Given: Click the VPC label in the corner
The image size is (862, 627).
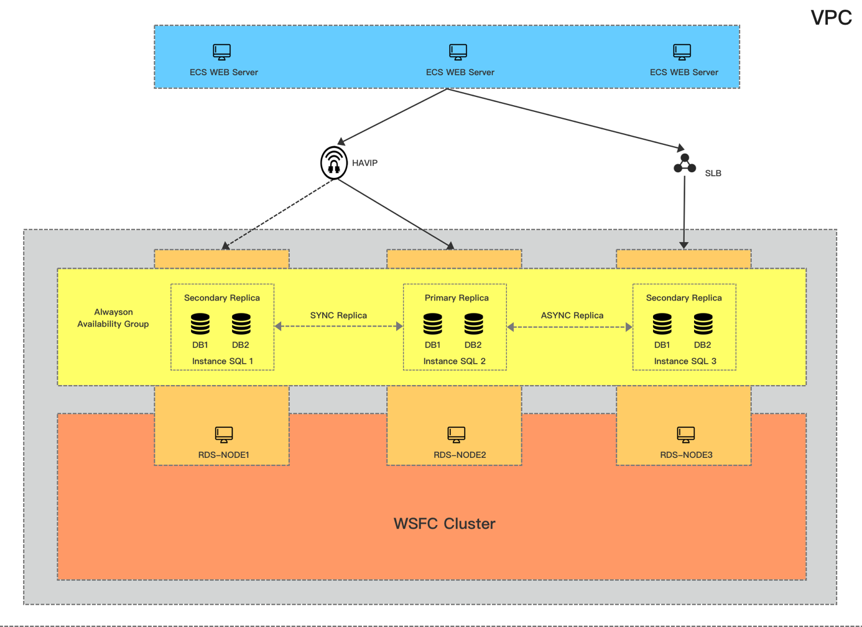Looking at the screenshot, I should [x=831, y=17].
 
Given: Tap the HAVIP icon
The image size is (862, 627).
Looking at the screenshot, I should [x=334, y=163].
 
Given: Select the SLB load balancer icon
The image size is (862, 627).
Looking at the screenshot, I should [x=685, y=164].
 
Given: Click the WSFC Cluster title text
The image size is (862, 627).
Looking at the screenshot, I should [x=444, y=524].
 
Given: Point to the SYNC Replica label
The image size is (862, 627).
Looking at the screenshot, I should [x=338, y=315].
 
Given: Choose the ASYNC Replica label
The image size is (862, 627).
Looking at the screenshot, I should [x=572, y=315].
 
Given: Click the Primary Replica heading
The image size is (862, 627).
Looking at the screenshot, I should [x=456, y=298].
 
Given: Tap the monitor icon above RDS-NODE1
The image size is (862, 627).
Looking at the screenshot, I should [x=224, y=434].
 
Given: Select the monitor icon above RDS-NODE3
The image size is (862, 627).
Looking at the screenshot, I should [x=686, y=434].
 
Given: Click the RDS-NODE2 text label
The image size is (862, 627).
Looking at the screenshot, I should [x=460, y=455].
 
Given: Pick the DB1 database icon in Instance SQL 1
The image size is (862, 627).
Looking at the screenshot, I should [x=200, y=324].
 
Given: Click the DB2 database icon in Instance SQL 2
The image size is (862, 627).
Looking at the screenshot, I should [x=473, y=324].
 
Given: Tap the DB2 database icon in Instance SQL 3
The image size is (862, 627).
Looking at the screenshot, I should [x=703, y=324].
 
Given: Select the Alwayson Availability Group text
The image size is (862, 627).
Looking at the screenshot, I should [x=113, y=318].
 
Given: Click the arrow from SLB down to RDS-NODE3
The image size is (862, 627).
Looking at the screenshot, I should [x=684, y=211].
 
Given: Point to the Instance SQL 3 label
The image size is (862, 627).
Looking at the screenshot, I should [x=685, y=361].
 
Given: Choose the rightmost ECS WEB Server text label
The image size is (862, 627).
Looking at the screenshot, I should [x=684, y=72].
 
